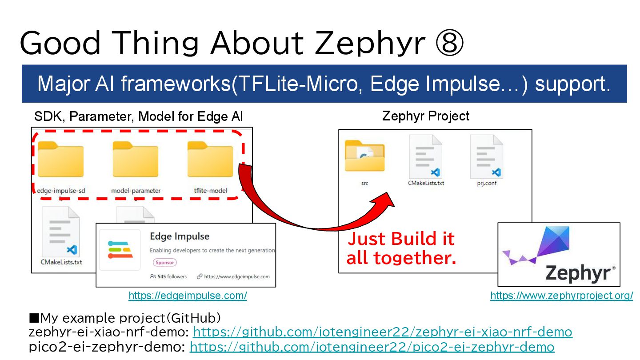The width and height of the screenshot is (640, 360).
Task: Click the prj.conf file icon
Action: pyautogui.click(x=486, y=156)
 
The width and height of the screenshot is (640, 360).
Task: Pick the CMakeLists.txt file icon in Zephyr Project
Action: pyautogui.click(x=426, y=156)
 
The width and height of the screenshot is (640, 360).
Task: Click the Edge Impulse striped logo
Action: pyautogui.click(x=120, y=249)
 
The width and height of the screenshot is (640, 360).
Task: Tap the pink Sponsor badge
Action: pyautogui.click(x=164, y=262)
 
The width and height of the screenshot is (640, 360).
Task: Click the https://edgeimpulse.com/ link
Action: pyautogui.click(x=188, y=296)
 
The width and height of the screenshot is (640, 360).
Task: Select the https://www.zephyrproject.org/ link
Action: pyautogui.click(x=561, y=296)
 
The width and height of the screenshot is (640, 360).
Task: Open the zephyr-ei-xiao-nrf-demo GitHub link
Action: pyautogui.click(x=382, y=332)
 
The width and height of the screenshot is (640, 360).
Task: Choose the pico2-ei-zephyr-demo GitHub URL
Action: pyautogui.click(x=372, y=347)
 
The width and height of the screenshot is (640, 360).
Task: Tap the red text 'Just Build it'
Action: pyautogui.click(x=401, y=239)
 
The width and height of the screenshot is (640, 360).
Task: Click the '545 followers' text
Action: pyautogui.click(x=172, y=276)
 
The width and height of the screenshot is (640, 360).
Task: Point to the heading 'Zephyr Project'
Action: pyautogui.click(x=425, y=116)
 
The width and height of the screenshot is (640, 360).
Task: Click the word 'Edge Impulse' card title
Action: pyautogui.click(x=179, y=236)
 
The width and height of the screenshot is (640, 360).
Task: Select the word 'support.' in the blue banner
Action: pyautogui.click(x=572, y=84)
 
